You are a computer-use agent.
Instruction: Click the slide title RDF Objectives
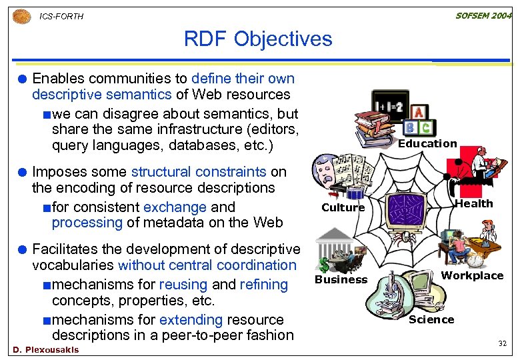click(258, 39)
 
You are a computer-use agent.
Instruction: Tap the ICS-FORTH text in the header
click(62, 16)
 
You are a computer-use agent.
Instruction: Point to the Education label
click(427, 143)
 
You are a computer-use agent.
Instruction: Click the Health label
click(473, 203)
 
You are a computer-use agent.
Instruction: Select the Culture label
click(343, 207)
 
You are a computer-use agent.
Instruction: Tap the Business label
click(341, 279)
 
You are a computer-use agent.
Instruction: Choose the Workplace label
click(473, 275)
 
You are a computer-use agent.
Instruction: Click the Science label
click(431, 319)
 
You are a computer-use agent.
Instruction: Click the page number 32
click(503, 343)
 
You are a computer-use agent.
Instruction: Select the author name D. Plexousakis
click(45, 349)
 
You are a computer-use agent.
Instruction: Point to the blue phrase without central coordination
click(207, 265)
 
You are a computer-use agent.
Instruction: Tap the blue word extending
click(191, 319)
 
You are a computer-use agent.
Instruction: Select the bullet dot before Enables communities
click(22, 79)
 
